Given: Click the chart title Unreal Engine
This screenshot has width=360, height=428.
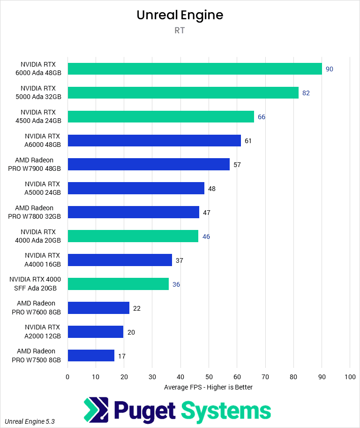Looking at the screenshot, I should click(x=180, y=15).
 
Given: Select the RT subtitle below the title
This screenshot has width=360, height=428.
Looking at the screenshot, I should click(x=180, y=31).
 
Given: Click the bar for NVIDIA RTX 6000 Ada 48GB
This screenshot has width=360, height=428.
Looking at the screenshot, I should click(x=195, y=69).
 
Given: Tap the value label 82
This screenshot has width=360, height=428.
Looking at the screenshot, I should click(x=306, y=93).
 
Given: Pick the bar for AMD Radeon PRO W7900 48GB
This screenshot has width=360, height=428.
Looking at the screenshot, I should click(x=149, y=164).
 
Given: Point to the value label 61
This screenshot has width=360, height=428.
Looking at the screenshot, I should click(x=248, y=141).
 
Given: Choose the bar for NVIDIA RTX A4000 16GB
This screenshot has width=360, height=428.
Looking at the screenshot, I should click(x=120, y=260).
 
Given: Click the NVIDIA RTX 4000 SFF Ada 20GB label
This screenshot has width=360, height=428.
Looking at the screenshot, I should click(x=35, y=284).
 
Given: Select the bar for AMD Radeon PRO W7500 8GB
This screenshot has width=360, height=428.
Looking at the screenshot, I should click(x=91, y=356).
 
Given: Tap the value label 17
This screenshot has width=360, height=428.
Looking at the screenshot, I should click(x=122, y=356).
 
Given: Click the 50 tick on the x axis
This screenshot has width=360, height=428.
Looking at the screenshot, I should click(x=209, y=377).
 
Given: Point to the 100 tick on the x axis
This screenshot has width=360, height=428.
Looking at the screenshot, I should click(x=350, y=377).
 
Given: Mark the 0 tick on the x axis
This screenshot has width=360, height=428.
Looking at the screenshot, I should click(x=67, y=377).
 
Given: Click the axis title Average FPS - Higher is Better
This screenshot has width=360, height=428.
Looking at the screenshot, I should click(x=209, y=387).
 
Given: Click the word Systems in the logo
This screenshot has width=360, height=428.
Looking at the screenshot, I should click(x=226, y=410).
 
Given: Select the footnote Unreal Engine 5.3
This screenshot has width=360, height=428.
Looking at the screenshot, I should click(x=30, y=421).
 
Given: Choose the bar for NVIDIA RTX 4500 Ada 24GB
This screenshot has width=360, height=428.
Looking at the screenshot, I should click(x=161, y=116).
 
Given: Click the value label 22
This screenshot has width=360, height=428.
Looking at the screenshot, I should click(x=137, y=308).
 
